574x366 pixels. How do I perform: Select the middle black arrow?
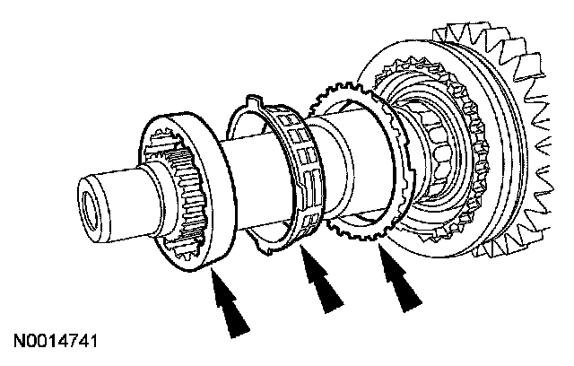pyautogui.click(x=324, y=288)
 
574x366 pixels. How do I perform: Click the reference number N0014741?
pyautogui.click(x=57, y=343)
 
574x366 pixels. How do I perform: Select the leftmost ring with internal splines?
pyautogui.click(x=188, y=193)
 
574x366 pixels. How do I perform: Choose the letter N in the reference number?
pyautogui.click(x=18, y=343)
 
